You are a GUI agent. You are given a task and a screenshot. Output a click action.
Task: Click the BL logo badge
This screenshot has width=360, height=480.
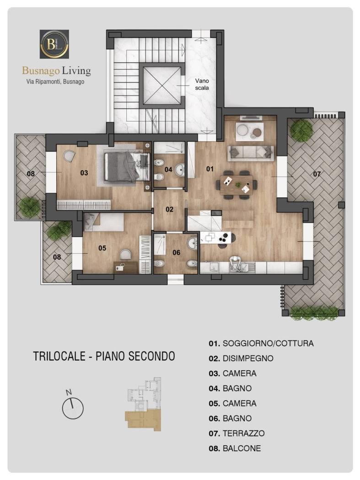[x=54, y=44]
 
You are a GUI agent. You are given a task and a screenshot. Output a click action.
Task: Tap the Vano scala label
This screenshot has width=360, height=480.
[x=202, y=84]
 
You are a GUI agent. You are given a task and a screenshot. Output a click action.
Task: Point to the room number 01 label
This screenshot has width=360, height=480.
[x=210, y=169]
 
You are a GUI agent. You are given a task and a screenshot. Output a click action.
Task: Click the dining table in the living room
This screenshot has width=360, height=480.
[x=236, y=185]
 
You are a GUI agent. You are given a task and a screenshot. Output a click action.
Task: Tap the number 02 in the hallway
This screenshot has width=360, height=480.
[x=169, y=209]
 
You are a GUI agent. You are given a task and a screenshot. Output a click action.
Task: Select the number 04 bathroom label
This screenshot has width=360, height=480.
[x=168, y=169]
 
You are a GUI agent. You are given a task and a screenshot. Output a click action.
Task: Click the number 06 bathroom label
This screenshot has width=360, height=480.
[x=177, y=252]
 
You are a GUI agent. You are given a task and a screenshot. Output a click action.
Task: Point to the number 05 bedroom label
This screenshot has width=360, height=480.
[x=102, y=248]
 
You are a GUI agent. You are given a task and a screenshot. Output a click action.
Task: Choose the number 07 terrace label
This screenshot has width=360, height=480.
[x=317, y=174]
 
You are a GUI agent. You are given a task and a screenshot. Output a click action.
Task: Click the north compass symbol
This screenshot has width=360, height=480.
[x=73, y=405]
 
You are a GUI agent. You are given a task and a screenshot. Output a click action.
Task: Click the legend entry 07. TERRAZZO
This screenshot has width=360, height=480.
[x=236, y=433]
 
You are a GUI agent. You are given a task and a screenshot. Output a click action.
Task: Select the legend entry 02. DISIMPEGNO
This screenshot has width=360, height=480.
[x=241, y=358]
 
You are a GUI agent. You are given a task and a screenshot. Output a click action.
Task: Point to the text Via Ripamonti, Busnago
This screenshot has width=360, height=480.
[x=55, y=82]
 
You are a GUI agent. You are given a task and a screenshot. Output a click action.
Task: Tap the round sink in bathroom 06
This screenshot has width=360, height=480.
[x=193, y=244]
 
